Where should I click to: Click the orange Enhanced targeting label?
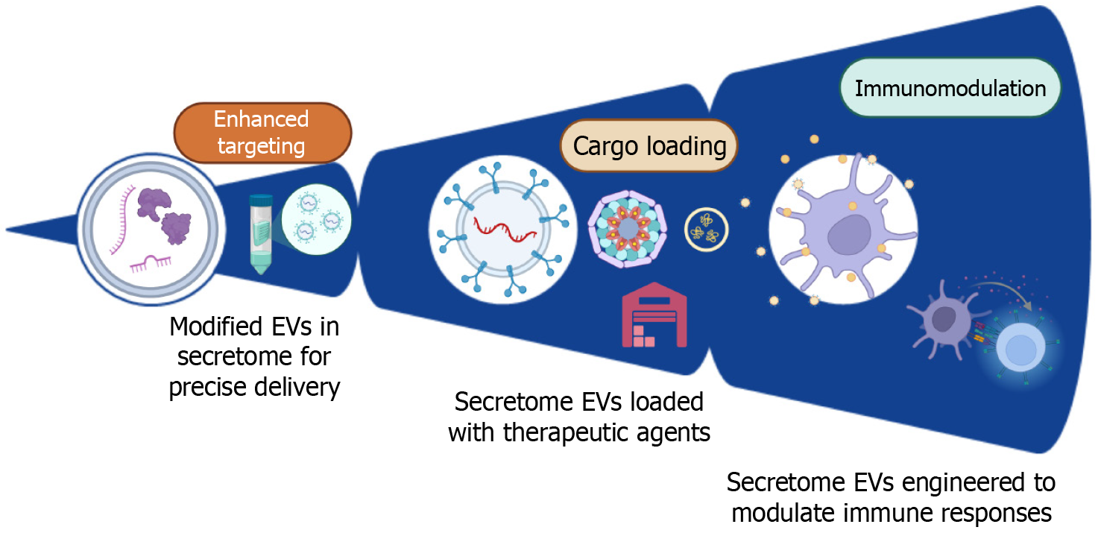point(262,132)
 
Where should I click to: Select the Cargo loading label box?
point(649,145)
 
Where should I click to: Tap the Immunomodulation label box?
point(950,89)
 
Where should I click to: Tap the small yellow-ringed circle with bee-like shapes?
point(706,230)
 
